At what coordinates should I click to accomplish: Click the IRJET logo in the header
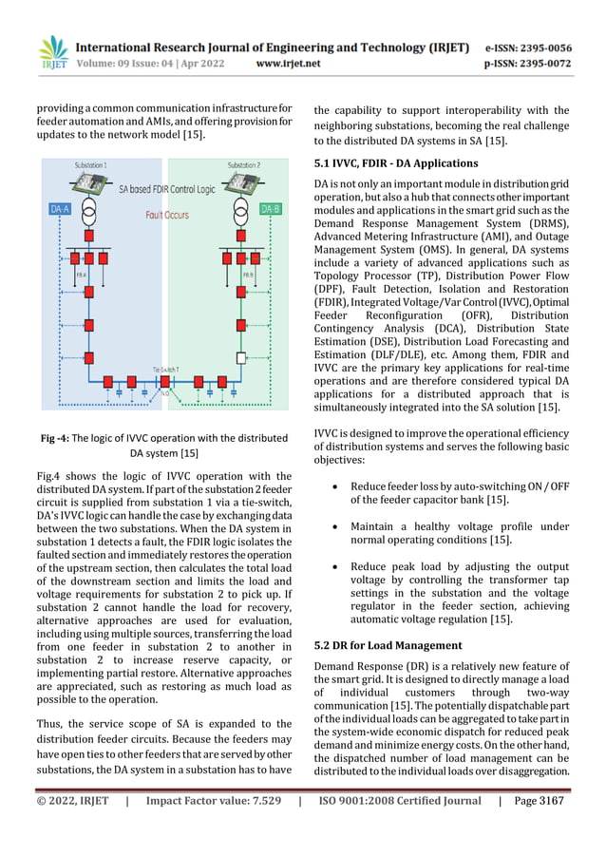click(54, 55)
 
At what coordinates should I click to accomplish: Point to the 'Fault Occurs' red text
click(167, 216)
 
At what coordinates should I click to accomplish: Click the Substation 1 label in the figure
click(90, 164)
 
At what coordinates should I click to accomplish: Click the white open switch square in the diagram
click(242, 357)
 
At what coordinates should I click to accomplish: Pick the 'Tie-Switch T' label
click(168, 367)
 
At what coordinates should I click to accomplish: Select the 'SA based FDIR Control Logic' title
click(162, 191)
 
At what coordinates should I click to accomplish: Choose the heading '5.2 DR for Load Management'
click(390, 645)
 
